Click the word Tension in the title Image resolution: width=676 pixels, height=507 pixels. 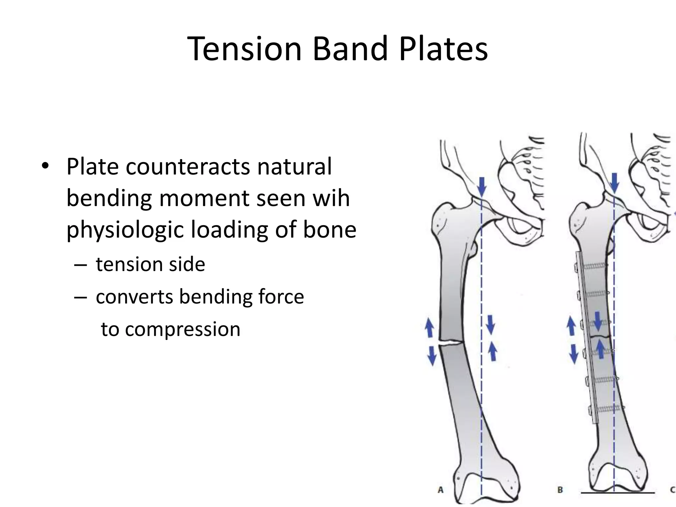[x=245, y=49]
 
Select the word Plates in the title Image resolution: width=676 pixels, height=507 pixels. [x=443, y=49]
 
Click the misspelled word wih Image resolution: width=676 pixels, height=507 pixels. [x=331, y=198]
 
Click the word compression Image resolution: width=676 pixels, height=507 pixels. [x=183, y=329]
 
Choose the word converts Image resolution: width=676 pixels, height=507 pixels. [x=134, y=296]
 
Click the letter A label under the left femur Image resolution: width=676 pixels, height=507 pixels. [x=440, y=490]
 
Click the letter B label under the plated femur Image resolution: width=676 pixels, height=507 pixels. [x=560, y=490]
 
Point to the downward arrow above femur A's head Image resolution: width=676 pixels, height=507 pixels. [x=482, y=186]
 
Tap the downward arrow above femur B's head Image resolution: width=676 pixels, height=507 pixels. [x=615, y=183]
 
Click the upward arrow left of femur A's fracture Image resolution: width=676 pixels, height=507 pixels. [x=429, y=327]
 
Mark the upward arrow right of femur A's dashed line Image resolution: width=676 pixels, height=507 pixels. [x=492, y=351]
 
